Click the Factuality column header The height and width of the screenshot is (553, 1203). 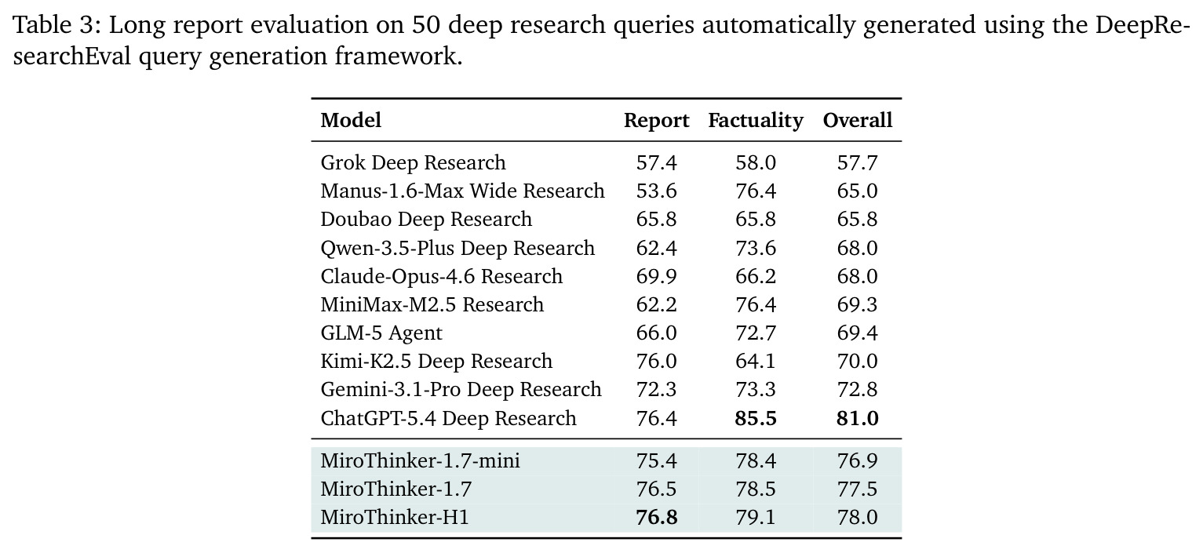756,121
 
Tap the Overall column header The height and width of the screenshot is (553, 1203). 858,120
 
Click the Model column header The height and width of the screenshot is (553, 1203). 351,120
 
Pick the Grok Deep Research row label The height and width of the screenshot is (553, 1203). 413,162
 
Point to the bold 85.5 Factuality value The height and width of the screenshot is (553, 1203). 756,418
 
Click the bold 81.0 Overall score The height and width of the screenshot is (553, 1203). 858,418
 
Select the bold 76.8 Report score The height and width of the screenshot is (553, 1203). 656,517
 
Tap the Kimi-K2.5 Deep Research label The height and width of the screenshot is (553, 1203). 436,362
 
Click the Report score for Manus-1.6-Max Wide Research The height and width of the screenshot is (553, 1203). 656,191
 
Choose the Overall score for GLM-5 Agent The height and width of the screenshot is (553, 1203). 858,333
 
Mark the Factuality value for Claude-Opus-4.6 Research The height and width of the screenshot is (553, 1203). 756,276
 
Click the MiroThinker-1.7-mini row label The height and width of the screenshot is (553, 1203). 420,460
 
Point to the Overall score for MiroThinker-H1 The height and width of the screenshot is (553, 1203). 858,517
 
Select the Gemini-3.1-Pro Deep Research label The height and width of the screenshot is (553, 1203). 461,390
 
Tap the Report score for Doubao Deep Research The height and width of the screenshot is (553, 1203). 656,220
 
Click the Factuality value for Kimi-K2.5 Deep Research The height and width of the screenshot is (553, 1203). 756,362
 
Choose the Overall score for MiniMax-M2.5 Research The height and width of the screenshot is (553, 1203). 858,305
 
